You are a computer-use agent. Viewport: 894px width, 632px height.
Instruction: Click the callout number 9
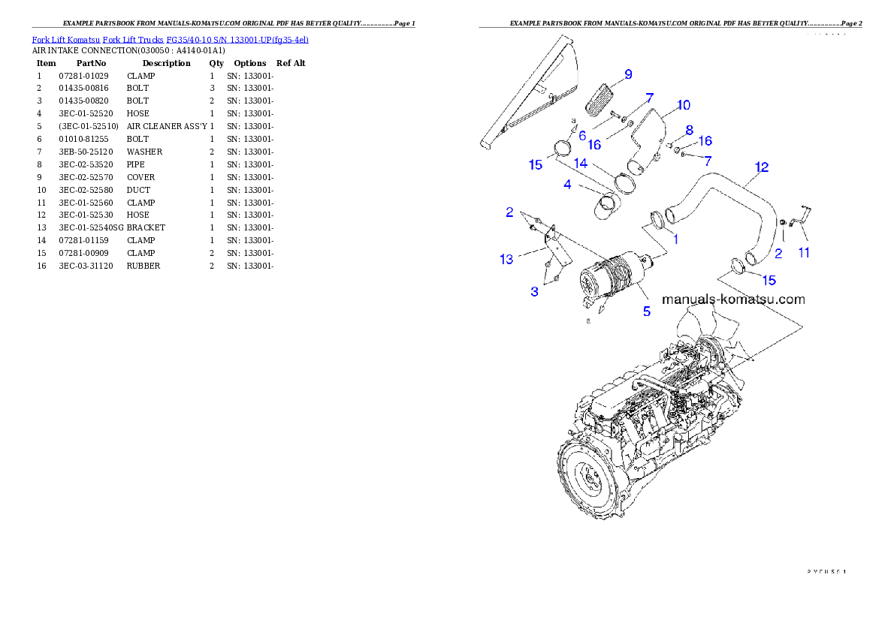click(627, 74)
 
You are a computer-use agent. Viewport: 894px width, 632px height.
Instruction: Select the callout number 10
click(683, 105)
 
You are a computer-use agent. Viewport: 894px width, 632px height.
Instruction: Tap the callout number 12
click(761, 167)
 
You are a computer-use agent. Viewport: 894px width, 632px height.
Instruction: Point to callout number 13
click(506, 259)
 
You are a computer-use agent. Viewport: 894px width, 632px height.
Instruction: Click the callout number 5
click(646, 310)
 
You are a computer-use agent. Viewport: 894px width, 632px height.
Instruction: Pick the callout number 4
click(567, 184)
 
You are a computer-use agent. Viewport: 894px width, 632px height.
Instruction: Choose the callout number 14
click(581, 163)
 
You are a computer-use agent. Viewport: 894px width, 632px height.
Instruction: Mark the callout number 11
click(804, 253)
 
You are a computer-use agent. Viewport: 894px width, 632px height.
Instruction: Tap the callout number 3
click(534, 291)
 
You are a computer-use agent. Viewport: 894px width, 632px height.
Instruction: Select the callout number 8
click(689, 130)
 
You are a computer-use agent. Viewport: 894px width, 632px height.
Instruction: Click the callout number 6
click(582, 135)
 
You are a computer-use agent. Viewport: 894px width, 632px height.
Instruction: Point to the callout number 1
click(675, 239)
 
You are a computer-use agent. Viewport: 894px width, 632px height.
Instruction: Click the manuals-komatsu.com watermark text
click(732, 299)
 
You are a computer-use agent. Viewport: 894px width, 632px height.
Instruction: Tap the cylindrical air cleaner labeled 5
click(610, 278)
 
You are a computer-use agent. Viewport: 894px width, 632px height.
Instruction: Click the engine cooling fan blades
click(706, 338)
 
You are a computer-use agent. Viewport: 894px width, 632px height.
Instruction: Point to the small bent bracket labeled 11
click(801, 215)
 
